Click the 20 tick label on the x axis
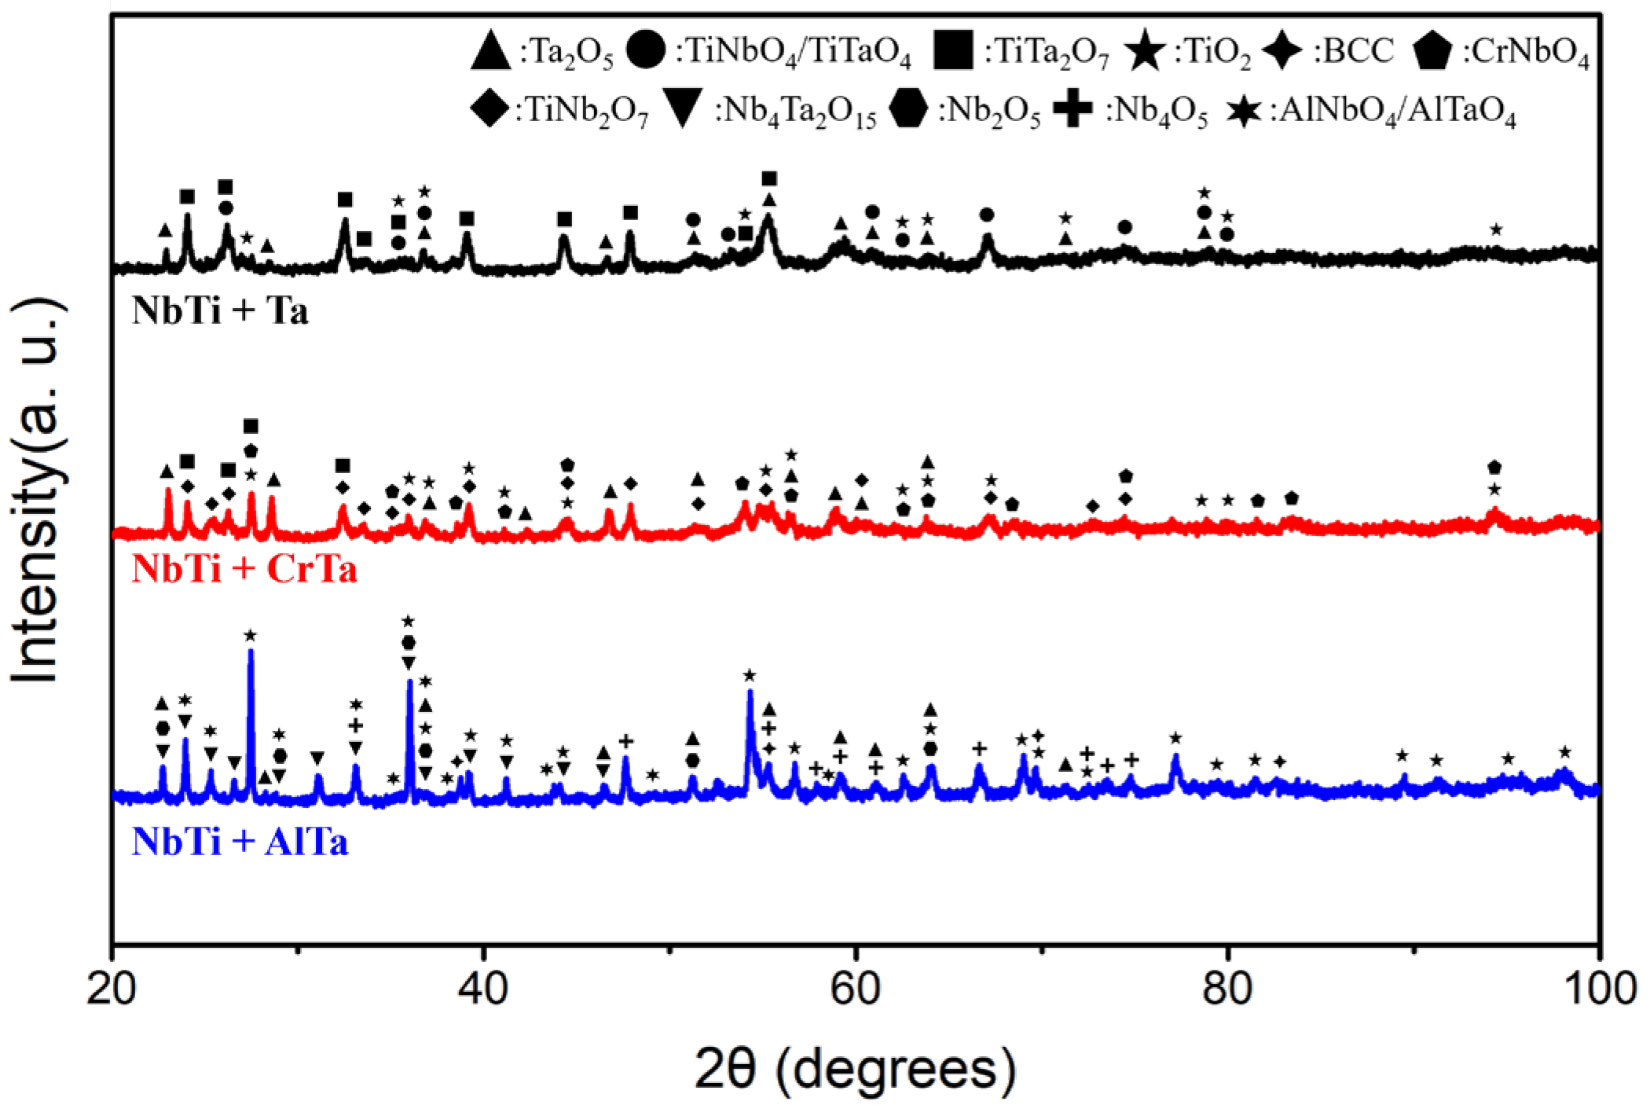(112, 991)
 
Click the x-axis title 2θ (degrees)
(854, 1066)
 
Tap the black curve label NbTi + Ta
(221, 312)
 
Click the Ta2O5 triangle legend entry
(542, 53)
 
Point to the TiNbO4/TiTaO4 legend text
(794, 53)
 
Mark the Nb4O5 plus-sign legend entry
(1131, 116)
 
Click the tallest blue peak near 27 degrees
(251, 652)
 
